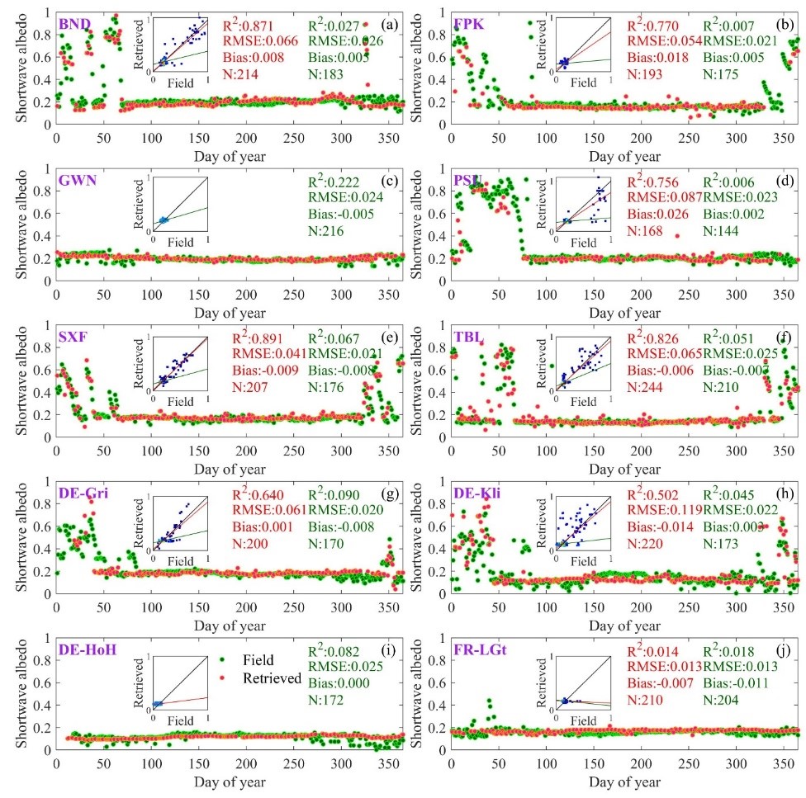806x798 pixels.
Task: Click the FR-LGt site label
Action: (480, 652)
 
